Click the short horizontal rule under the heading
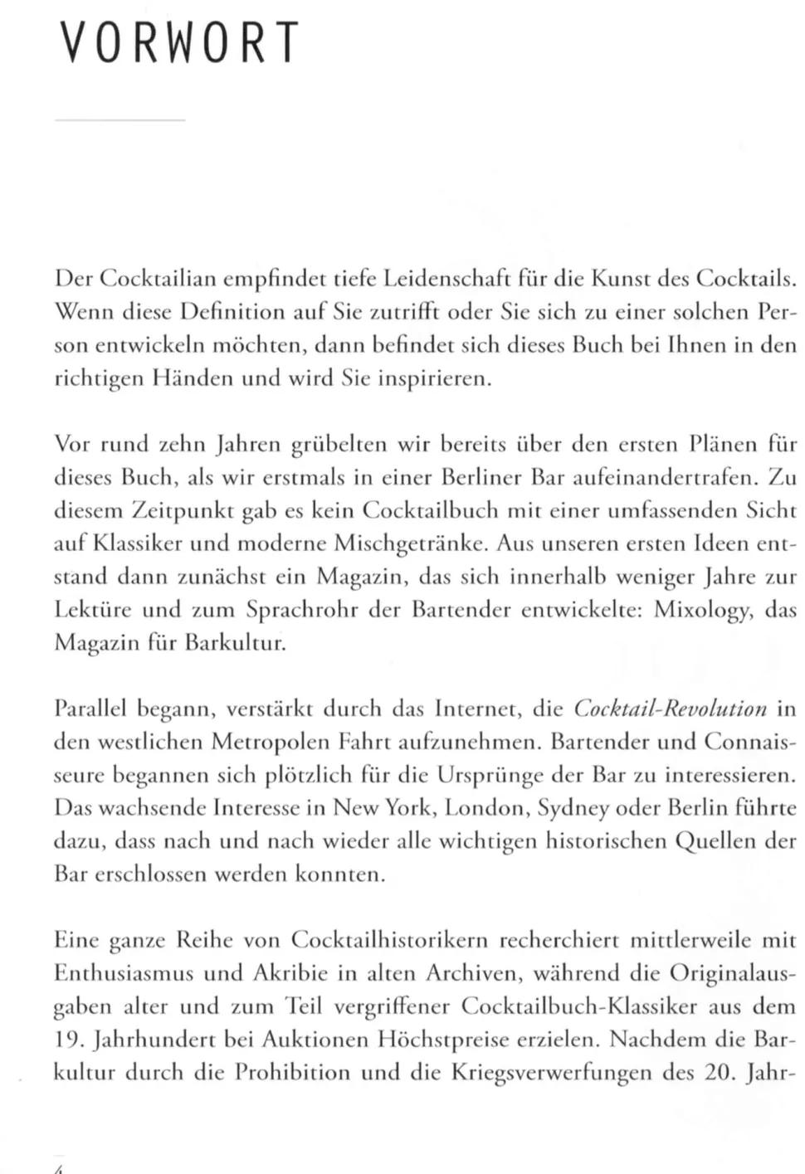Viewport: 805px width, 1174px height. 120,121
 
